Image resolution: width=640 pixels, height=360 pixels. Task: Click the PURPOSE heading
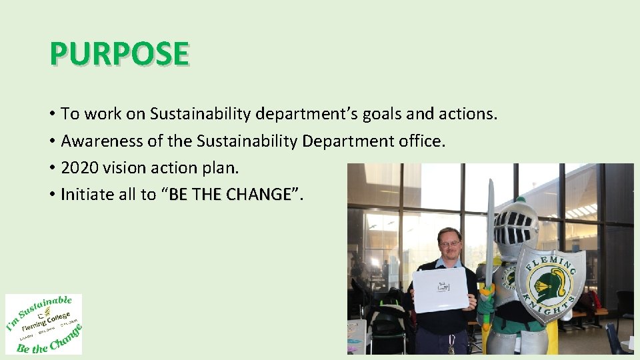coord(119,54)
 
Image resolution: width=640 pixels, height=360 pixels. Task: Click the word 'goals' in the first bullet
coord(382,114)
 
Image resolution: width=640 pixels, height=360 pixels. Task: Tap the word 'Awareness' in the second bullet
coord(97,141)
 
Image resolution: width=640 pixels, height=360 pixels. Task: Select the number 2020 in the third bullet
coord(79,168)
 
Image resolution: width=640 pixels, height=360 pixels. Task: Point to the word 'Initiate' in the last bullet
coord(86,195)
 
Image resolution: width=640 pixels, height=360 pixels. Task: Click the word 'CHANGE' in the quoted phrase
coord(259,195)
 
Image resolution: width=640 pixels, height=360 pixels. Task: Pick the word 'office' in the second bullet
coord(423,141)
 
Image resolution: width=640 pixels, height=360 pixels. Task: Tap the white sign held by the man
coord(441,289)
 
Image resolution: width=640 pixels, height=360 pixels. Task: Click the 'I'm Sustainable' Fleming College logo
coord(43,324)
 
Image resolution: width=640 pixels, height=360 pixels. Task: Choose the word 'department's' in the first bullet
coord(306,114)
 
